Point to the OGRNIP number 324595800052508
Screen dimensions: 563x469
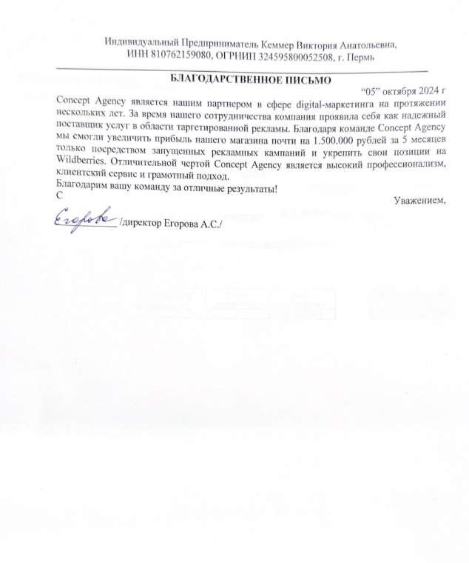coord(288,56)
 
